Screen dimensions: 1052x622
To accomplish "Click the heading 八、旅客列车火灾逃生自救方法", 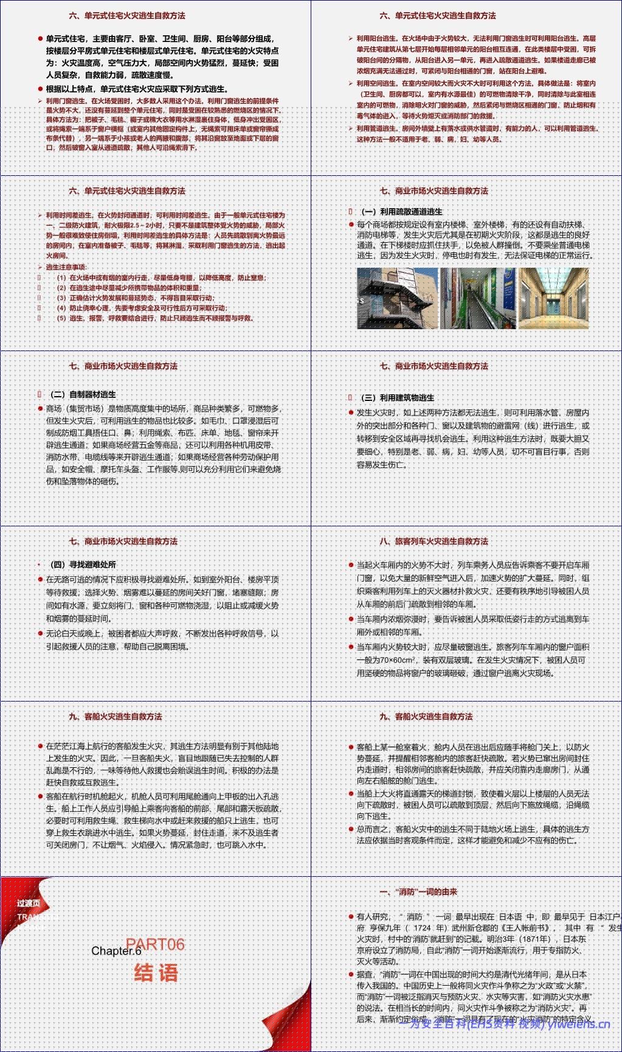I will pyautogui.click(x=434, y=541).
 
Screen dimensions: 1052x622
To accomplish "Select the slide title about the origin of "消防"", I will pyautogui.click(x=418, y=891).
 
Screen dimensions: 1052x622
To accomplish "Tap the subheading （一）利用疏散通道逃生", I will pyautogui.click(x=401, y=212).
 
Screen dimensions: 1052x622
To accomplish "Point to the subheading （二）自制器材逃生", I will pyautogui.click(x=83, y=394).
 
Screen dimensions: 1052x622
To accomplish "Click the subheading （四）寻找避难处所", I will pyautogui.click(x=83, y=565).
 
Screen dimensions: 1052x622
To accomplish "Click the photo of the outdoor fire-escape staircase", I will pyautogui.click(x=396, y=298).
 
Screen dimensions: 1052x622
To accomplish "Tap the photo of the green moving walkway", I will pyautogui.click(x=478, y=298).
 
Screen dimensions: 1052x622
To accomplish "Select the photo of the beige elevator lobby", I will pyautogui.click(x=553, y=298).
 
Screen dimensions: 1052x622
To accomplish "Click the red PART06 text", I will pyautogui.click(x=155, y=944).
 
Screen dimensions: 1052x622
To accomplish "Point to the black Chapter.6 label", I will pyautogui.click(x=116, y=951).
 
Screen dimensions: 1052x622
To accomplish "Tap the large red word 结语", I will pyautogui.click(x=156, y=972).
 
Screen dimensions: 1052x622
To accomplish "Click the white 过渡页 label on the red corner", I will pyautogui.click(x=29, y=904).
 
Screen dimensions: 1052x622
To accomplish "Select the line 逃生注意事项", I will pyautogui.click(x=66, y=267).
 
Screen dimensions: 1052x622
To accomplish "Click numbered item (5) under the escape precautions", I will pyautogui.click(x=154, y=318).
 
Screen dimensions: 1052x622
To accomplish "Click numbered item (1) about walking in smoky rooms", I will pyautogui.click(x=161, y=277).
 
